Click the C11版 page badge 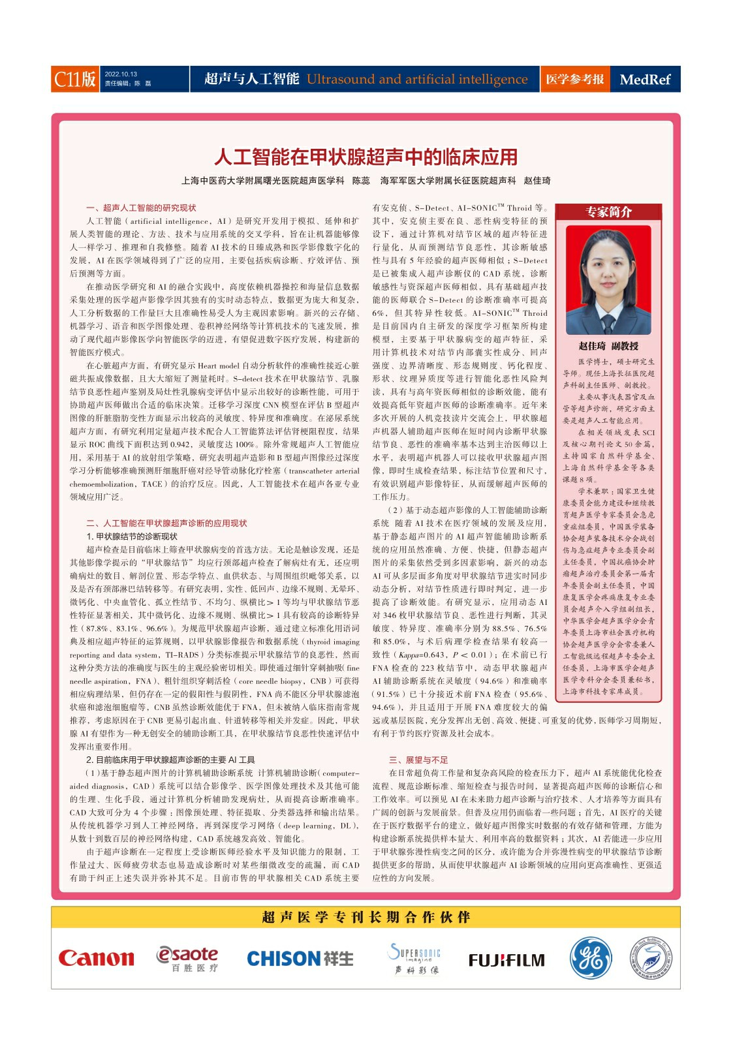(x=75, y=79)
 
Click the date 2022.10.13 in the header (x=121, y=74)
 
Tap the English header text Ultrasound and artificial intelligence (x=417, y=80)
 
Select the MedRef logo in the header (x=645, y=80)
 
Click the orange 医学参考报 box (x=574, y=80)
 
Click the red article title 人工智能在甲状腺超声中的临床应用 (x=366, y=157)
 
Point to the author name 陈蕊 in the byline (x=361, y=181)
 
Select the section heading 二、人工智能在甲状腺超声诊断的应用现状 (x=166, y=523)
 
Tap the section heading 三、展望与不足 (x=418, y=760)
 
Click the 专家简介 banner (x=608, y=212)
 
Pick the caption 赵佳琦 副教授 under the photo (x=608, y=347)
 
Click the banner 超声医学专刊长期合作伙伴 (x=366, y=917)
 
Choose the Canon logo (x=96, y=958)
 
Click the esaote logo (x=187, y=958)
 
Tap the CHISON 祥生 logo (x=300, y=959)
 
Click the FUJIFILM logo (x=507, y=960)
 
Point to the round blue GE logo (x=591, y=958)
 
